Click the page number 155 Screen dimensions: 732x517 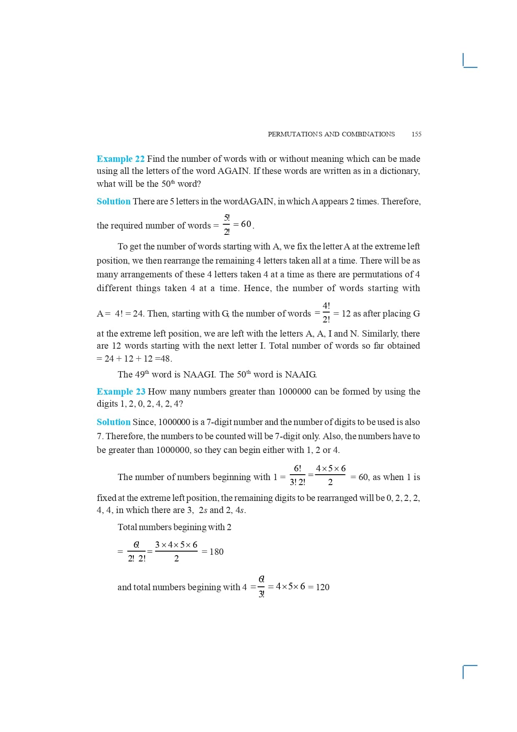[416, 134]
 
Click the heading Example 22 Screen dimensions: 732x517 [120, 159]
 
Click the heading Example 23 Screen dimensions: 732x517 [121, 392]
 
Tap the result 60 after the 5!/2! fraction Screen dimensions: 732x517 [246, 224]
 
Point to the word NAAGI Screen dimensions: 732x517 [199, 375]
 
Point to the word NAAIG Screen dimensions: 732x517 [301, 375]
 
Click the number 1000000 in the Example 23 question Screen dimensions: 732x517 [294, 392]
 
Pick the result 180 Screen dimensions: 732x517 [216, 552]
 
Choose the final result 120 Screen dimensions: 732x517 [322, 587]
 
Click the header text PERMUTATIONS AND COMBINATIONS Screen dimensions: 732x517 [331, 134]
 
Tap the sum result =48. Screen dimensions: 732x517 [163, 359]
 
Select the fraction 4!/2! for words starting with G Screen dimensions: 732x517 [326, 313]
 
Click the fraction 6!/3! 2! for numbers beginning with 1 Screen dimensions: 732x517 [297, 475]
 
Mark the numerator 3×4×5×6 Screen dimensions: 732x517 [176, 545]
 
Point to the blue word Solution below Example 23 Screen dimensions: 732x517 [113, 422]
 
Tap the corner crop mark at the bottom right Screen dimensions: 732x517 [469, 672]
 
